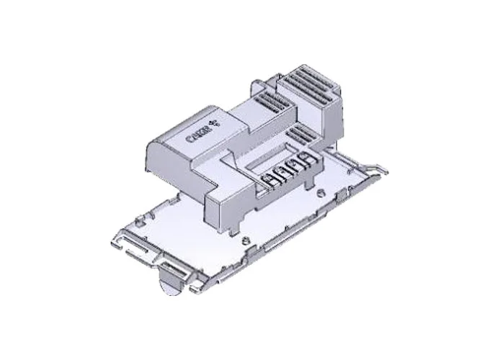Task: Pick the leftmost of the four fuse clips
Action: (271, 178)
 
